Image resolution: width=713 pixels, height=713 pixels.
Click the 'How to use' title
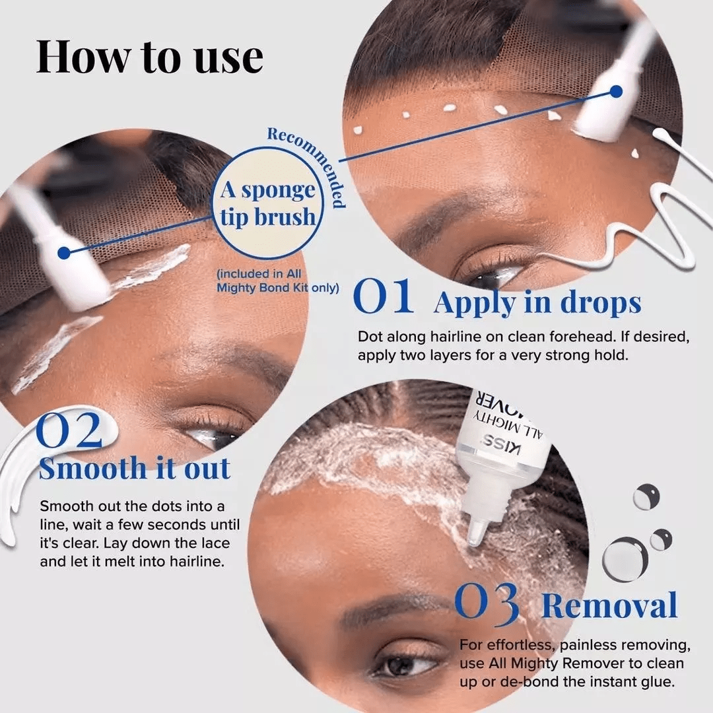(x=150, y=57)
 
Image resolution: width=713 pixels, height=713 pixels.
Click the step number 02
(x=69, y=432)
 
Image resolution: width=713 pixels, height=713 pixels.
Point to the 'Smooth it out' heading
(x=135, y=468)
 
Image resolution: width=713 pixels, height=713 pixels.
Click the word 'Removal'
(x=609, y=605)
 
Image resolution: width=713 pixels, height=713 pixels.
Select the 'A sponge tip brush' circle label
(x=268, y=203)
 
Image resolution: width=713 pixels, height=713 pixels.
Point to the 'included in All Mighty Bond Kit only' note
(x=277, y=281)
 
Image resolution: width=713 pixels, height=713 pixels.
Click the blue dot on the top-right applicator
(x=616, y=91)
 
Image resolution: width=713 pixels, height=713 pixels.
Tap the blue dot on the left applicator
(x=64, y=253)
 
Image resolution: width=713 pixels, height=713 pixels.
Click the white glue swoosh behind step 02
(x=20, y=475)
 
